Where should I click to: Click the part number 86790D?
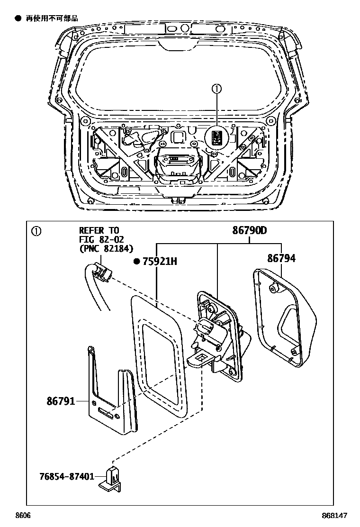[x=249, y=231]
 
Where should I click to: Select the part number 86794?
[x=281, y=258]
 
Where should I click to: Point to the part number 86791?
[x=60, y=401]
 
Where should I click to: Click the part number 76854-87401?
[x=66, y=476]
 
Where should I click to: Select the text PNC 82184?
[x=106, y=248]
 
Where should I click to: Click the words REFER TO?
[x=96, y=231]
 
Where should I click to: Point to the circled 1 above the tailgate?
[x=216, y=89]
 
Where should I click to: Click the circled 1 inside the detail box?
[x=36, y=231]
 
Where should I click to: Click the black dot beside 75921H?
[x=137, y=261]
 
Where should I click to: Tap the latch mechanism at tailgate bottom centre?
[x=178, y=166]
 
